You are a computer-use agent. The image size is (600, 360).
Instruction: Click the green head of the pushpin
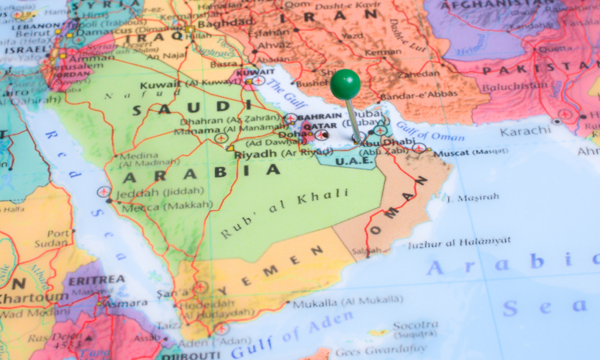(345, 84)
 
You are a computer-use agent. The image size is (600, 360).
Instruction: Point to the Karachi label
(524, 131)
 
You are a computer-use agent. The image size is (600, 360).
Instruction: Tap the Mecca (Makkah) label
(167, 204)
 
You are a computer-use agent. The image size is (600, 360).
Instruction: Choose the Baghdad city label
(215, 22)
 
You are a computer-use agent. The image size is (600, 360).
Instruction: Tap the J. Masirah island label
(472, 197)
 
